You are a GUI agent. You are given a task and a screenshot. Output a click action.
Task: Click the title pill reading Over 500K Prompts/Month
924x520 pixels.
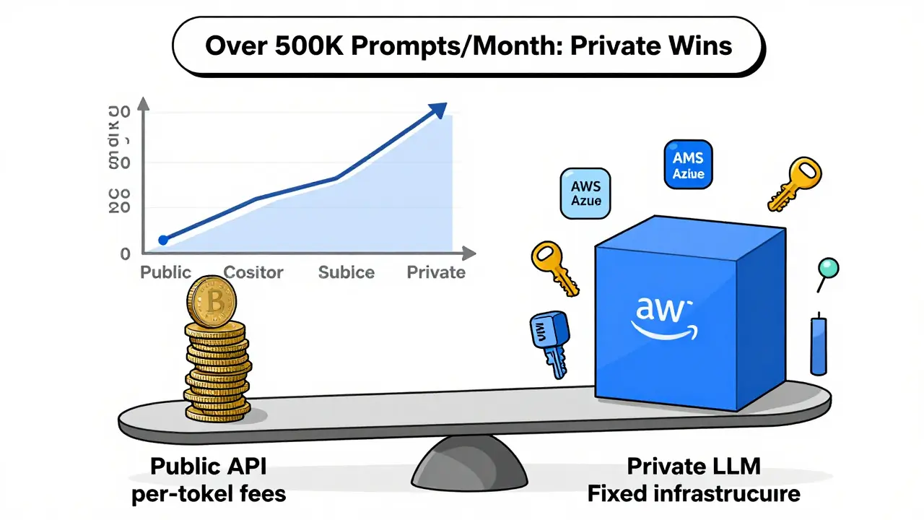coord(468,45)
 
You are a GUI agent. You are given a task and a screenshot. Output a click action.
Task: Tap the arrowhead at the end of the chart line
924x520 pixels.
coord(436,110)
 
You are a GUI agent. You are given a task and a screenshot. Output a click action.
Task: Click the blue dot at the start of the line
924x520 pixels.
coord(163,240)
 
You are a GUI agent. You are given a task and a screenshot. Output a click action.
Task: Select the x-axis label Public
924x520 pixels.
coord(165,272)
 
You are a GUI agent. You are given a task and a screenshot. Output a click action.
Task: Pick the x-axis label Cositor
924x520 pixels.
coord(253,272)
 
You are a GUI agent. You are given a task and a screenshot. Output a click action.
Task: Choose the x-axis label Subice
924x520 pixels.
coord(346,272)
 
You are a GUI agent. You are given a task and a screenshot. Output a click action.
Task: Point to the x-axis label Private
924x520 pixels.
coord(436,272)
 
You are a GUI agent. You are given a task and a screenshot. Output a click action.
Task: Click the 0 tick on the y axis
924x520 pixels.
coord(126,254)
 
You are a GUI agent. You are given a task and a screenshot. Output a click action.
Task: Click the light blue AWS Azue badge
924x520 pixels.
coord(585,194)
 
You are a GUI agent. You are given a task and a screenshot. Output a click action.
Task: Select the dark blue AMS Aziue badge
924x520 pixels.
coord(688,165)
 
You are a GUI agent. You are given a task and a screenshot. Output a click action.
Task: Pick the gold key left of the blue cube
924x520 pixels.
coord(554,266)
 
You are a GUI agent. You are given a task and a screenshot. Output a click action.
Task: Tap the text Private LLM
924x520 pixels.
coord(693,466)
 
